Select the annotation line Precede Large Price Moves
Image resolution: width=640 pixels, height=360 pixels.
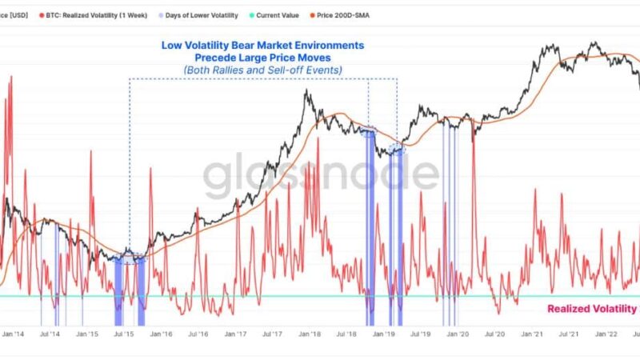click(262, 58)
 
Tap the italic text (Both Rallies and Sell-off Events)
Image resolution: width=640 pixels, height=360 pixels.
click(262, 71)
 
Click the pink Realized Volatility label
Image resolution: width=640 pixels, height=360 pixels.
click(592, 309)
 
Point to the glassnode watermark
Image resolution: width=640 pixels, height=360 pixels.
click(320, 176)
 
